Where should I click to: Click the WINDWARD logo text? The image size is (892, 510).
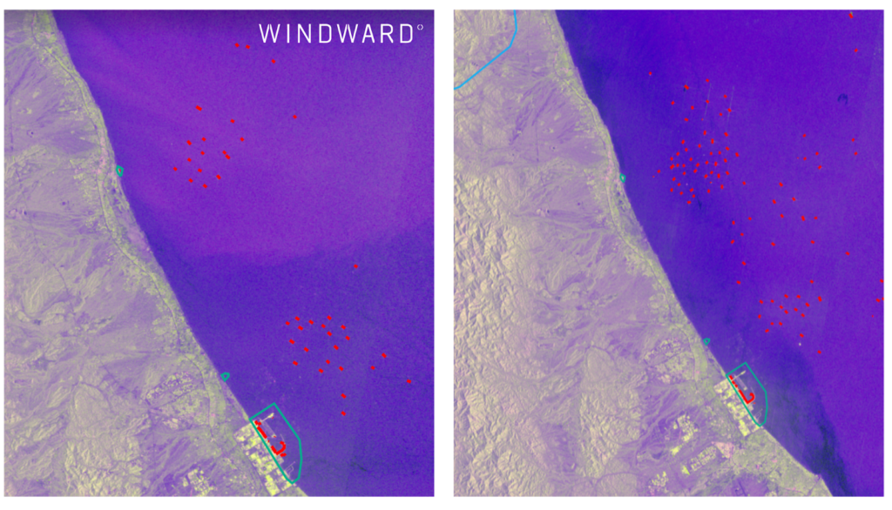[336, 34]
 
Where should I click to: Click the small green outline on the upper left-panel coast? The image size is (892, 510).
[119, 171]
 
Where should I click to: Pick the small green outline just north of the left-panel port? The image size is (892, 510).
[225, 376]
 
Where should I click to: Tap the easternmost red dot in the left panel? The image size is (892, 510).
[409, 381]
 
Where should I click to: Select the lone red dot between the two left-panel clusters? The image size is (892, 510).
[355, 265]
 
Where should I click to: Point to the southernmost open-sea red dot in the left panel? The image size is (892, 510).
[343, 413]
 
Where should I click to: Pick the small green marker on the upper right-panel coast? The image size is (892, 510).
[623, 178]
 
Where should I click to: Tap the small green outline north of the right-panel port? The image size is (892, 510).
[706, 340]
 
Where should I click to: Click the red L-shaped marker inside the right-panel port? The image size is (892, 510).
[746, 392]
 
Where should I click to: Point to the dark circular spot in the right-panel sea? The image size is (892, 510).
[842, 99]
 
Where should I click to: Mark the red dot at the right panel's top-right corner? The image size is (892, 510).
[851, 15]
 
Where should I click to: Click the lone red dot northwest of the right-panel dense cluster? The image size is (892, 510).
[650, 75]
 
